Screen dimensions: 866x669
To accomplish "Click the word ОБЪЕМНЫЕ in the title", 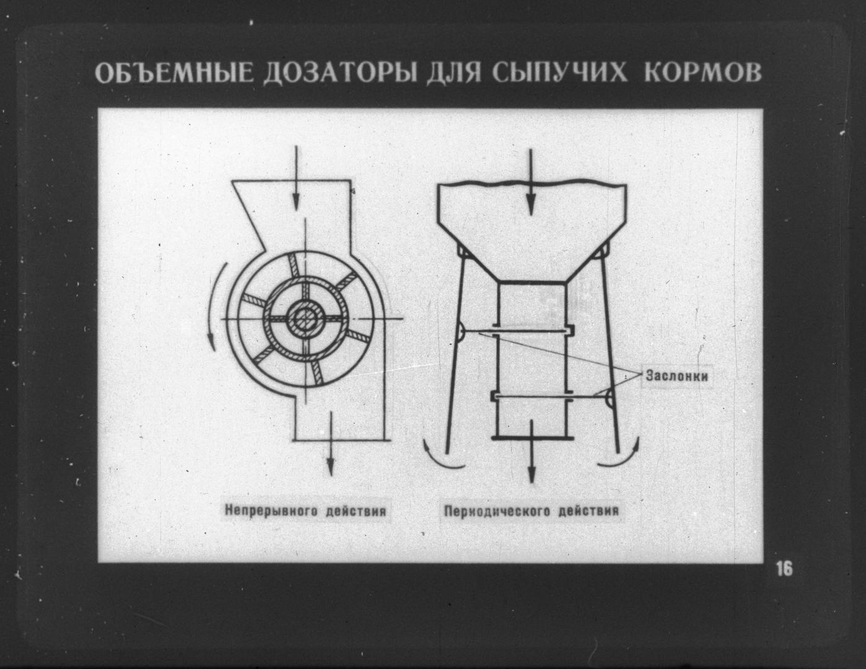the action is coord(175,74).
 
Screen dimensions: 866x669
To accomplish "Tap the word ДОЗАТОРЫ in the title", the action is coord(340,74).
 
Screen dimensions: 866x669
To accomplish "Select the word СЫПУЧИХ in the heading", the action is coord(559,74).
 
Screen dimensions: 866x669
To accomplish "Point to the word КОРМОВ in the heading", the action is coord(702,73).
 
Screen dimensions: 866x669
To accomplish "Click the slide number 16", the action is coord(784,569).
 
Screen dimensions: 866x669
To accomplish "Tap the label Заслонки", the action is coord(677,376).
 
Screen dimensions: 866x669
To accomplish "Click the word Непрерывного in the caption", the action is coord(270,511).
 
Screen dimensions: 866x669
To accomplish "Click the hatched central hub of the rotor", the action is coord(305,318).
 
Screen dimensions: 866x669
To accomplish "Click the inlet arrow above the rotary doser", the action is coord(295,177).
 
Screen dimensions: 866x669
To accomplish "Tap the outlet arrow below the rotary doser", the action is coord(330,444).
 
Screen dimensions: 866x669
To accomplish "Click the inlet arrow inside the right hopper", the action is coord(530,183).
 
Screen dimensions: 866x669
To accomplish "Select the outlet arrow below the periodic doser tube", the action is coord(531,450).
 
